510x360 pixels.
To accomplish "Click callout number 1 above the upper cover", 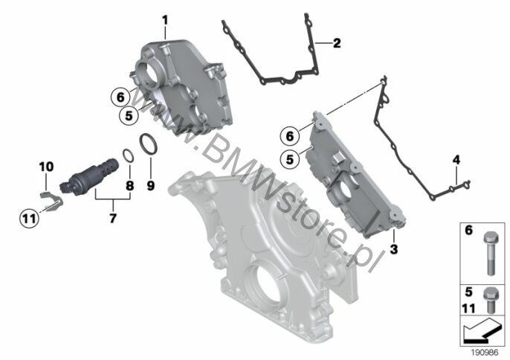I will coord(165,19).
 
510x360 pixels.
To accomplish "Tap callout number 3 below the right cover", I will coord(393,252).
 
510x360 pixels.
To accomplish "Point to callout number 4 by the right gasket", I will coord(456,160).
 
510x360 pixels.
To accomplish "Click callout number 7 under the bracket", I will coord(112,219).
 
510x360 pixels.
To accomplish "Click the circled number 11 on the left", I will coord(28,218).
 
